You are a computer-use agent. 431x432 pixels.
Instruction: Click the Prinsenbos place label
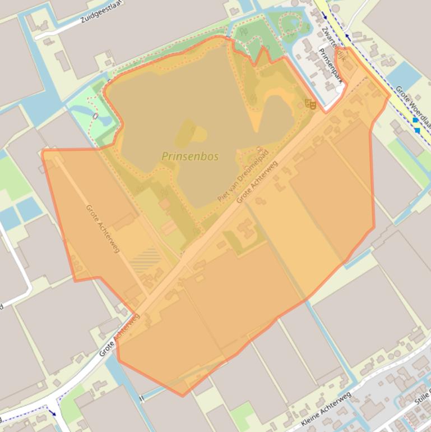[x=190, y=157]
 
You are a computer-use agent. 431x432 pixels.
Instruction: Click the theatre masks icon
[x=310, y=104]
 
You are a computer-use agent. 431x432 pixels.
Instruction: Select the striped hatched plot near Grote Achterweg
[x=146, y=260]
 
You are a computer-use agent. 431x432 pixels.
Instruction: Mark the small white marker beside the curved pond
[x=95, y=116]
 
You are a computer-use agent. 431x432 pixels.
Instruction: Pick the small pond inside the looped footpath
[x=290, y=24]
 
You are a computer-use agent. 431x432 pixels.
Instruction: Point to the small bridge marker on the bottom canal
[x=141, y=399]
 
